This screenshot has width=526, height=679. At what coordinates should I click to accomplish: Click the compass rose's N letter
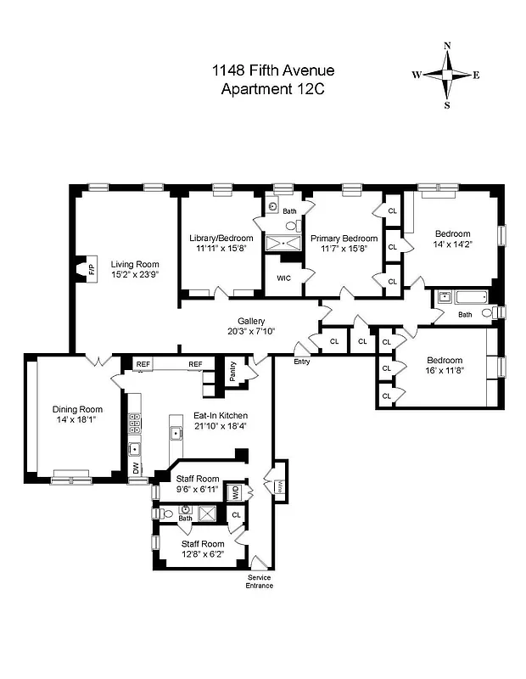click(x=448, y=47)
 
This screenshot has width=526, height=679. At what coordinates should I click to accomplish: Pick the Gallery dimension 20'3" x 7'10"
click(x=251, y=331)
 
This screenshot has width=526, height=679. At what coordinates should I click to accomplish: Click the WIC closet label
click(x=283, y=277)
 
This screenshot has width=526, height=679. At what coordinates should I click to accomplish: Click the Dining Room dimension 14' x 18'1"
click(x=77, y=419)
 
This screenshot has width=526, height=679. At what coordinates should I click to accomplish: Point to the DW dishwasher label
click(x=135, y=467)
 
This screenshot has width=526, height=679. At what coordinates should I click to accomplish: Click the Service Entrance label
click(x=260, y=581)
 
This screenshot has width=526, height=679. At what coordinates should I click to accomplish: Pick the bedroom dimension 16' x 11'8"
click(x=445, y=370)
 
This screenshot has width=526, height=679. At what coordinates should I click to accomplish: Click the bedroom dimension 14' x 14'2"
click(x=452, y=244)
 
